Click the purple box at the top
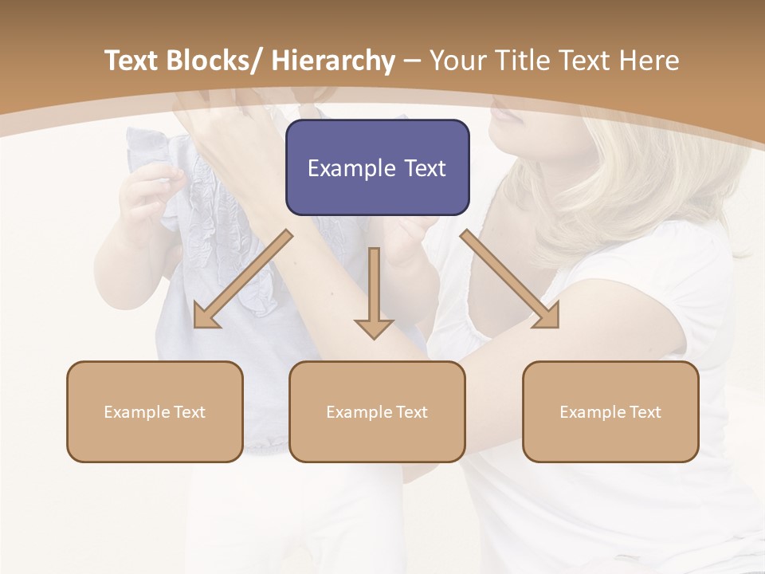pos(377,167)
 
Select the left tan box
pos(155,411)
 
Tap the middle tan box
pos(377,411)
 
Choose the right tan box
pos(610,411)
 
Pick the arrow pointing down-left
pos(242,280)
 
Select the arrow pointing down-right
pos(510,280)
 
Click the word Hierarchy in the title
pos(333,61)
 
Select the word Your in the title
pos(457,61)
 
